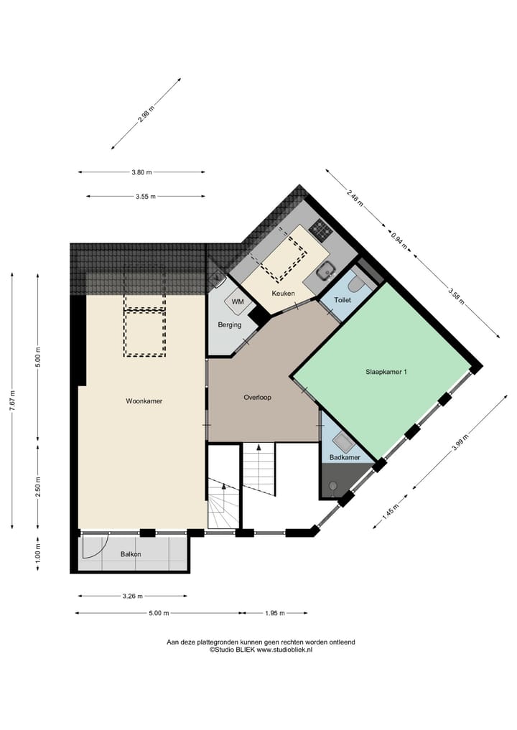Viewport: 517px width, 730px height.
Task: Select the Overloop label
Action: pyautogui.click(x=256, y=397)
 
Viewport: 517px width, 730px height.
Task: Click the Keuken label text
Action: pyautogui.click(x=283, y=294)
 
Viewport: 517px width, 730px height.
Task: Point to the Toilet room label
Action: pyautogui.click(x=343, y=299)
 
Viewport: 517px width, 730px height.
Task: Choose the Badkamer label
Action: pyautogui.click(x=345, y=457)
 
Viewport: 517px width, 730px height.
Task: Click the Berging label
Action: pyautogui.click(x=230, y=325)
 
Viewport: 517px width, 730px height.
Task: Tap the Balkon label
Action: pyautogui.click(x=131, y=554)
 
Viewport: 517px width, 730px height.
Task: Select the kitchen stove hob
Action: pyautogui.click(x=321, y=230)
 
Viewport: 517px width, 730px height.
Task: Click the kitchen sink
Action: pyautogui.click(x=327, y=271)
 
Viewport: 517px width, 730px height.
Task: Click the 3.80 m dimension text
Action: pyautogui.click(x=141, y=172)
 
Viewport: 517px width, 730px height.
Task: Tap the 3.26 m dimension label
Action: pyautogui.click(x=133, y=596)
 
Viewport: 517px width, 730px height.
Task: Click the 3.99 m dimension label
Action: pyautogui.click(x=461, y=443)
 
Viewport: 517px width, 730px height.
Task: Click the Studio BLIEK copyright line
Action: pyautogui.click(x=261, y=650)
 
